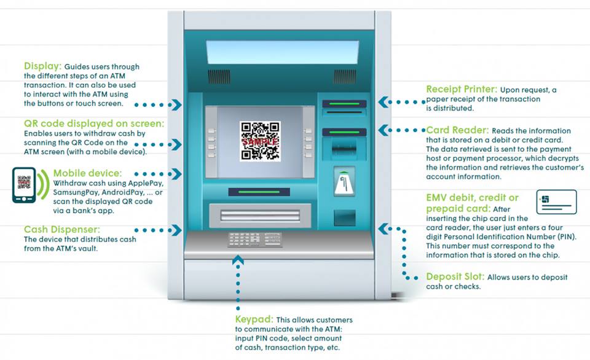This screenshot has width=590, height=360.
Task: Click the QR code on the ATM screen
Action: click(x=260, y=141)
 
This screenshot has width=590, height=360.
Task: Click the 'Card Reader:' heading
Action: click(x=457, y=130)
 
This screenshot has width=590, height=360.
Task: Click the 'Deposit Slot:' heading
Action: click(x=456, y=277)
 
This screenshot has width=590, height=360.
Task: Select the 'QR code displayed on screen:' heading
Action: click(x=94, y=123)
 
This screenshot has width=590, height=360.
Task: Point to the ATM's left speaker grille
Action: click(x=219, y=76)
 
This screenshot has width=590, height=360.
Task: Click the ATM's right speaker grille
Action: click(x=344, y=76)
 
